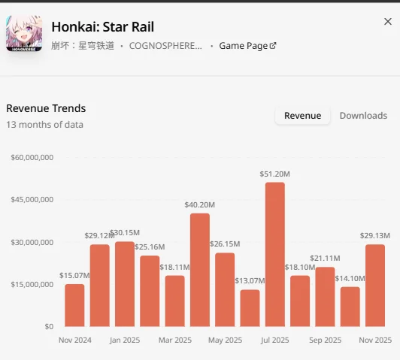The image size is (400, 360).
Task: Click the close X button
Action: [388, 22]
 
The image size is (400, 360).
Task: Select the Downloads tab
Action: [363, 116]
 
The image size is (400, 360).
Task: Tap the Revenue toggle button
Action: [302, 116]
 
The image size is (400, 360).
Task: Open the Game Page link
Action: [247, 46]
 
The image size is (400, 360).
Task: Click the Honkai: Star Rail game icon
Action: [24, 33]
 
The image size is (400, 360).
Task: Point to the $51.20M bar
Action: [275, 254]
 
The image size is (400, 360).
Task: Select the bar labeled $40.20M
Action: [200, 270]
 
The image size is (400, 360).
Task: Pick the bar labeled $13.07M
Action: [250, 308]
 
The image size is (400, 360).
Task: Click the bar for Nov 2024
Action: [74, 305]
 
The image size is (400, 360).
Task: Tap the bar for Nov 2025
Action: [375, 286]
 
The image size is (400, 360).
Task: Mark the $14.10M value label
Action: [350, 278]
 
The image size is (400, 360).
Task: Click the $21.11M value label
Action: [325, 259]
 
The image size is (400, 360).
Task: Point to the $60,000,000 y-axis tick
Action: [32, 157]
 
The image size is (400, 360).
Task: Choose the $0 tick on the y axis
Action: [49, 327]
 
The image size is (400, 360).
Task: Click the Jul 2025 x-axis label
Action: [274, 340]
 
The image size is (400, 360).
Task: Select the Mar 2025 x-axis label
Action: [175, 340]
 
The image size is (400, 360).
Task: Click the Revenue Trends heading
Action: [46, 108]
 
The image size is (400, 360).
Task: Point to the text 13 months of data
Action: [44, 125]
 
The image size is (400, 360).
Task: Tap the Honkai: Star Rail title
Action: [103, 27]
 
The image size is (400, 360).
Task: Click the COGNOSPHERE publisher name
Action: [165, 46]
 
